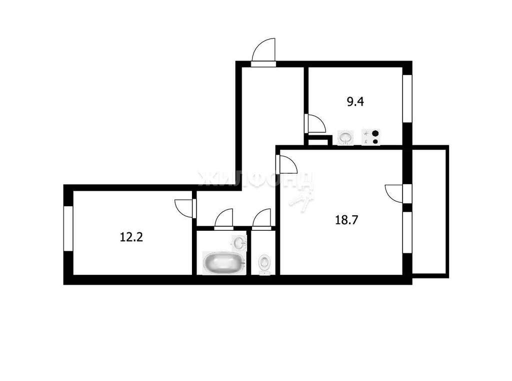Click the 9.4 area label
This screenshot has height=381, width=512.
[x=355, y=102]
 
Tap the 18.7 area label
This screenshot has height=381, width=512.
[x=347, y=220]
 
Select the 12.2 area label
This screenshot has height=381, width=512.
[x=131, y=237]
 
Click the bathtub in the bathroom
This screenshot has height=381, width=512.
[x=223, y=263]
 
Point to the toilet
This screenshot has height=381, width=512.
[x=264, y=263]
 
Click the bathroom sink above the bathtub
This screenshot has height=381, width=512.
[x=239, y=243]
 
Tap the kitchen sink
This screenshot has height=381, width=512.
[x=345, y=137]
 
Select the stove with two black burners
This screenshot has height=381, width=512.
[x=370, y=137]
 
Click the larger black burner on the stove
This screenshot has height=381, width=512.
[x=375, y=134]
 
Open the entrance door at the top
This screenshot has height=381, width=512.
[x=263, y=53]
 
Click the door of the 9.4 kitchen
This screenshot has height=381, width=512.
[x=315, y=123]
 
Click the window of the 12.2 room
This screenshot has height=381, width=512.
[x=68, y=228]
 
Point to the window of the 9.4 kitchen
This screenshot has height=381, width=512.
[x=407, y=99]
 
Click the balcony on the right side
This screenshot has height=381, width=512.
[x=430, y=212]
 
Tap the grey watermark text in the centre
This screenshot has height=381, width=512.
[x=256, y=180]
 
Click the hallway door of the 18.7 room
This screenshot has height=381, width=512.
[x=286, y=165]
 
